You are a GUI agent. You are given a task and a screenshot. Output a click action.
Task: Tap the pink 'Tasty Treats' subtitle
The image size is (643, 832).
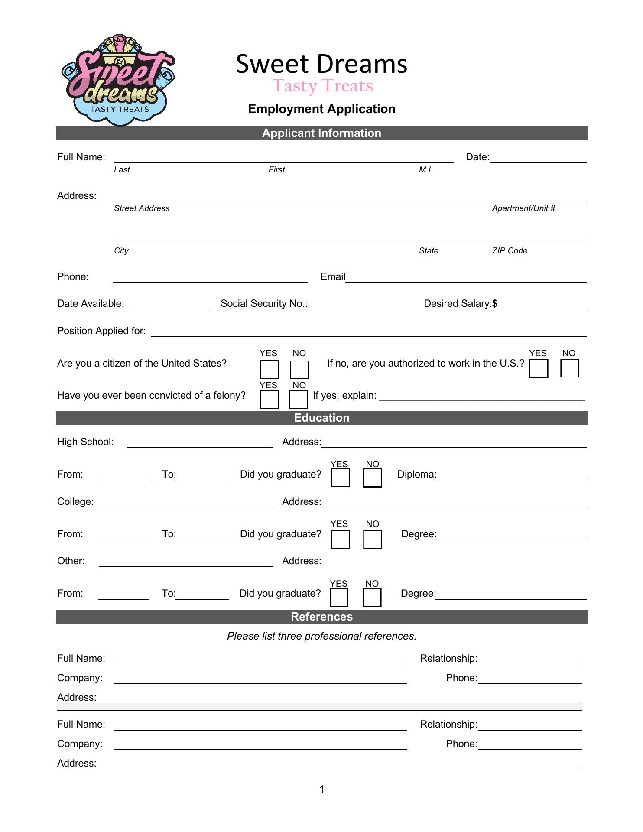[x=323, y=86]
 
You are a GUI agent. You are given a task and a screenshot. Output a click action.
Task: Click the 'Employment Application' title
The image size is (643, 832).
[x=321, y=109]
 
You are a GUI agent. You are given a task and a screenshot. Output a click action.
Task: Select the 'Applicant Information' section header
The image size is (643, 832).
[x=321, y=133]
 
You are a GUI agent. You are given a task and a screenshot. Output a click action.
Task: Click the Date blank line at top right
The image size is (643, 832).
[x=538, y=159]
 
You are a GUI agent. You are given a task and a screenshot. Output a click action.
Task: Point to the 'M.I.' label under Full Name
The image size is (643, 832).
[x=425, y=170]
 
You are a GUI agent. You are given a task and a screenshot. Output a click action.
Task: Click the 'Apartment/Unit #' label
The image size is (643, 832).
[x=523, y=208]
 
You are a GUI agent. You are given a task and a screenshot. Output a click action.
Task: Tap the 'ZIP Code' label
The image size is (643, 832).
[x=510, y=251]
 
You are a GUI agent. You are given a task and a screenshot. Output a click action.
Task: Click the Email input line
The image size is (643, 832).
[x=466, y=278]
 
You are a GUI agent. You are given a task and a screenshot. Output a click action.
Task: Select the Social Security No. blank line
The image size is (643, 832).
[x=357, y=305]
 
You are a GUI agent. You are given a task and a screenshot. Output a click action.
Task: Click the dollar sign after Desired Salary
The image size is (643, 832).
[x=495, y=304]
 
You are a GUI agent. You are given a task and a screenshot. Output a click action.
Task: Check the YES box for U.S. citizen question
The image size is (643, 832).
[x=269, y=370]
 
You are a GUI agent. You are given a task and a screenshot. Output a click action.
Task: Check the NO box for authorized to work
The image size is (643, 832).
[x=570, y=368]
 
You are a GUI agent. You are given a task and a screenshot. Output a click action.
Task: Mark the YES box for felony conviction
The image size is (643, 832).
[x=270, y=400]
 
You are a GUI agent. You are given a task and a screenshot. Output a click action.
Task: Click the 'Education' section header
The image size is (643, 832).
[x=321, y=418]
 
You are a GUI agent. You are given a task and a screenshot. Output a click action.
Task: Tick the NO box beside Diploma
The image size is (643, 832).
[x=373, y=478]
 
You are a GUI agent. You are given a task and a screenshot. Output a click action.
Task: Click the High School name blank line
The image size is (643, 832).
[x=200, y=443]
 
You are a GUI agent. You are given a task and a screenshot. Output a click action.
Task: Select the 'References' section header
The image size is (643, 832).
[x=321, y=617]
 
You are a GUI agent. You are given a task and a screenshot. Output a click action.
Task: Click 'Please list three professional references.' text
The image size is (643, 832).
[x=321, y=636]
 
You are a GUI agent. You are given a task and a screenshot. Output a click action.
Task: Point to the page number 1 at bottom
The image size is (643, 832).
[x=322, y=789]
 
